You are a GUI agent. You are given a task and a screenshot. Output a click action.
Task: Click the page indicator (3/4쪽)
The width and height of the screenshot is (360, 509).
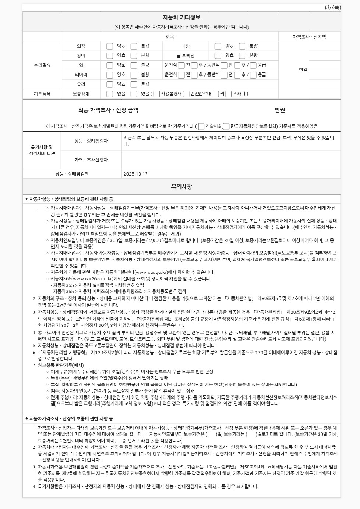click(333, 7)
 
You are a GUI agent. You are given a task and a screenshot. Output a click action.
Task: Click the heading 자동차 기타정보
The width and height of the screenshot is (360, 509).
click(182, 17)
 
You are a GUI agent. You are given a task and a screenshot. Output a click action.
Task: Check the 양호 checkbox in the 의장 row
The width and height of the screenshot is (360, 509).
click(110, 46)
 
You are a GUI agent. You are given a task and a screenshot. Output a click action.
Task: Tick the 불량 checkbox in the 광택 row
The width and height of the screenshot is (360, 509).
click(134, 56)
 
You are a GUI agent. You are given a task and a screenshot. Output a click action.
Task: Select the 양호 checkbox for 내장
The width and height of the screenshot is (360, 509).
click(218, 46)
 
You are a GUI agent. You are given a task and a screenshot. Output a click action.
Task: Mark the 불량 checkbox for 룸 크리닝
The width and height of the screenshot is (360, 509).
click(242, 56)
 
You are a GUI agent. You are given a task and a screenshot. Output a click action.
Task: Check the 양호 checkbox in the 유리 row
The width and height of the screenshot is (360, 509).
click(110, 84)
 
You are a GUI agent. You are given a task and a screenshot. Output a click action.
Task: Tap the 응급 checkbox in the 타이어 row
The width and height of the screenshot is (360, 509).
click(253, 75)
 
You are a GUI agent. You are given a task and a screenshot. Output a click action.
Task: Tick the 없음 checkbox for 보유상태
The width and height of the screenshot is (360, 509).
click(110, 94)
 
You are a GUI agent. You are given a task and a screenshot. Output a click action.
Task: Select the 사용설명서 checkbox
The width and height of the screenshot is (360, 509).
click(156, 94)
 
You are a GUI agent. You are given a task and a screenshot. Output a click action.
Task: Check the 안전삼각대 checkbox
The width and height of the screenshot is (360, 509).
click(186, 94)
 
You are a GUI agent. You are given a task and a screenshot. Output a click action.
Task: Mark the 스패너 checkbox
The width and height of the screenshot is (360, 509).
click(229, 94)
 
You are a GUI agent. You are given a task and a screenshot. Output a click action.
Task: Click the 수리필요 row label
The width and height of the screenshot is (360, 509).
click(42, 65)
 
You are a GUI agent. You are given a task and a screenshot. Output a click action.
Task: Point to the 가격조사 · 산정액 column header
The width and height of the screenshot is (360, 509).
click(309, 37)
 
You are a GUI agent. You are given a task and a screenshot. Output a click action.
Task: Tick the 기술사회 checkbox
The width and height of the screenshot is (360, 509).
click(201, 126)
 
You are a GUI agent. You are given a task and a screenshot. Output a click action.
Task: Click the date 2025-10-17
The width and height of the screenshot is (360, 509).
click(135, 174)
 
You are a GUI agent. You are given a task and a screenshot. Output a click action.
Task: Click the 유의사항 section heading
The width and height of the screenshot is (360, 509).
click(182, 186)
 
